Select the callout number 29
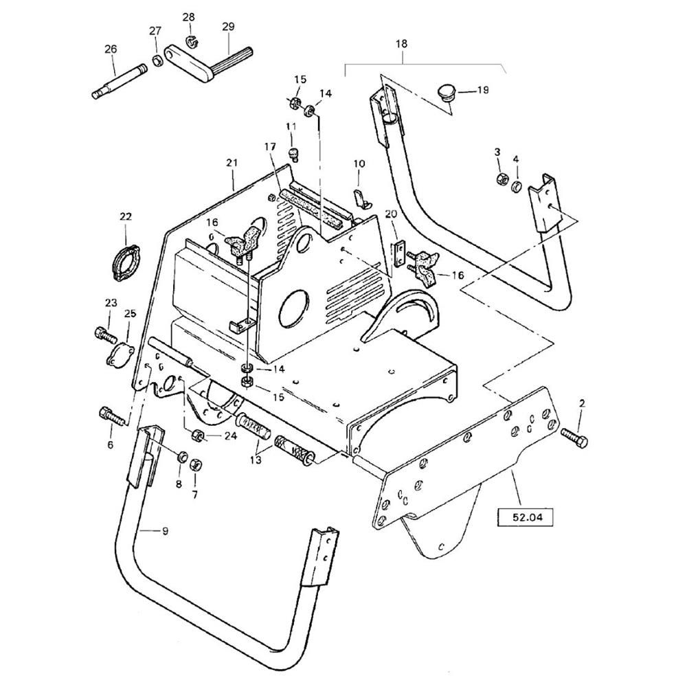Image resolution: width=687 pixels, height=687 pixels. point(228,27)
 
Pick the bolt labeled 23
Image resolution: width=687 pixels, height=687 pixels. point(104,335)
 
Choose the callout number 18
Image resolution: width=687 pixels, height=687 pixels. point(401,43)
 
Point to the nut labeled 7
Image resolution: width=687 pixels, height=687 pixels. point(195,465)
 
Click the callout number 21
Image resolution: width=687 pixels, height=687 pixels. point(232,163)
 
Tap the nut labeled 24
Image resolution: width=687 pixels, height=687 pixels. point(196,434)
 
